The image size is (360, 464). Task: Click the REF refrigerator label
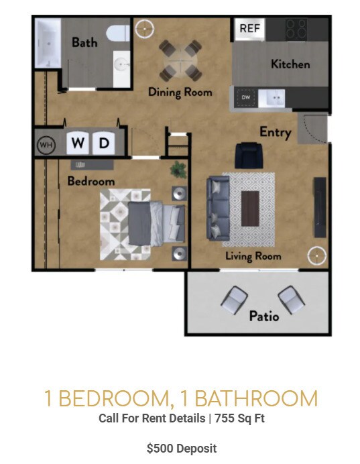pos(249,28)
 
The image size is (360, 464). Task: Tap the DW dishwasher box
pos(245,98)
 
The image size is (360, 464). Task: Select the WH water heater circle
pos(46,143)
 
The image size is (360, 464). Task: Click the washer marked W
pos(78,143)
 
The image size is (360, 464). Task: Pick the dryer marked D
pos(103,143)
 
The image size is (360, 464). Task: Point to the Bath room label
pos(84,42)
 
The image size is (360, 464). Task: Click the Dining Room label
pos(180,92)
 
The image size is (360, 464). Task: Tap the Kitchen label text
pos(290,64)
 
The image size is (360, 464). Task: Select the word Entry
pos(275,131)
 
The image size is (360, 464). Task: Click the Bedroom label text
pos(91,181)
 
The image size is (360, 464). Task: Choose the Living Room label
pos(253,256)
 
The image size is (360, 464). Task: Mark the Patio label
pos(263,315)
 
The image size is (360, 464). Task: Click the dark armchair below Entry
pos(247,156)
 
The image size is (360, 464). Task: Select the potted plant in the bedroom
pos(178,170)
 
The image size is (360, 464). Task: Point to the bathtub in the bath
pos(48,42)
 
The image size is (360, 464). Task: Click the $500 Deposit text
pos(181,448)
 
